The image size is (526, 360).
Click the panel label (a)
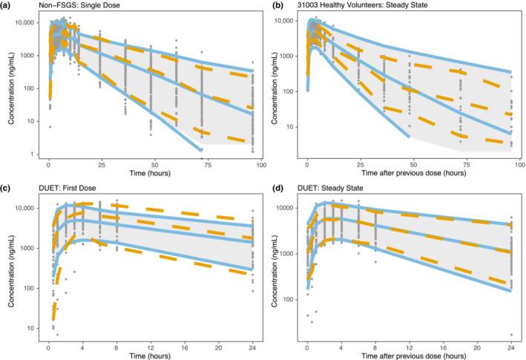click(x=7, y=5)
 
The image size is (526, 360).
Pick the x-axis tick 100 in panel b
click(x=513, y=163)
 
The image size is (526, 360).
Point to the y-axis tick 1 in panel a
click(x=33, y=154)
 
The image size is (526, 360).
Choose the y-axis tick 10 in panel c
click(x=32, y=327)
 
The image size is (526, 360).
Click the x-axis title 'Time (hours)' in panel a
click(x=148, y=174)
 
